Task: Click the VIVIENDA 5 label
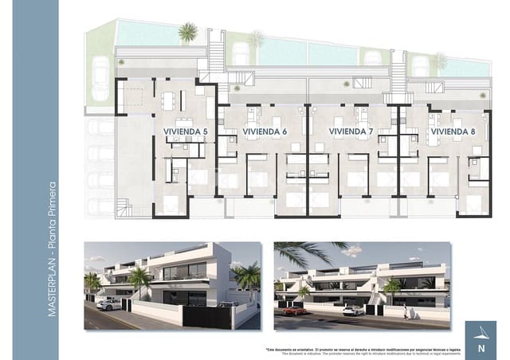[185, 131]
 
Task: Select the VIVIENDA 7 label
[351, 131]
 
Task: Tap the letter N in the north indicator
[481, 347]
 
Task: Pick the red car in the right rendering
[294, 311]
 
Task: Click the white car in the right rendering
[353, 311]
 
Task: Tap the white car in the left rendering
[109, 303]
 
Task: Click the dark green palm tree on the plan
[188, 33]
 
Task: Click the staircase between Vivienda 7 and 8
[398, 72]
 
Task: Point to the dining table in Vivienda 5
[170, 101]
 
